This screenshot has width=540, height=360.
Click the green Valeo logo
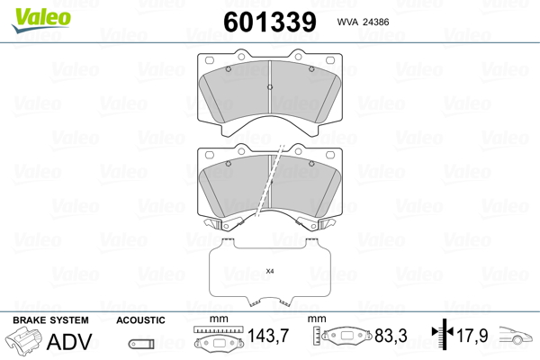41,20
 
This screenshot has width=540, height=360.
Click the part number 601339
270,22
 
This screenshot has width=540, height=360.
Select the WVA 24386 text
363,22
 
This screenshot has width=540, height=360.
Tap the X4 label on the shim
270,271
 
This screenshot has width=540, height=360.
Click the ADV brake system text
69,342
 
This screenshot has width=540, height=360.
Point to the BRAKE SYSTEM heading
50,320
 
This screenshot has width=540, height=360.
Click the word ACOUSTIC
140,320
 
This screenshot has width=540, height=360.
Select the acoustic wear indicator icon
141,344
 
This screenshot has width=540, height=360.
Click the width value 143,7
268,336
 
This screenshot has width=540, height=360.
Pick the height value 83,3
391,336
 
